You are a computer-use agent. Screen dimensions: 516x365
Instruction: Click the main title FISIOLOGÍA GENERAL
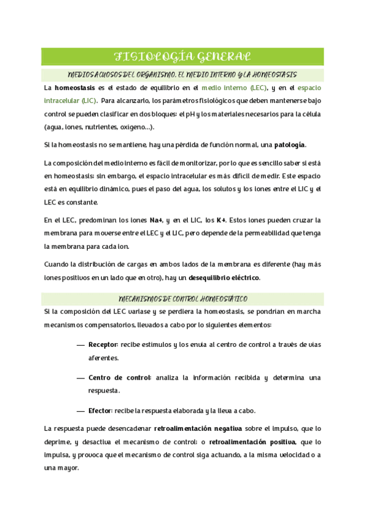[x=182, y=57]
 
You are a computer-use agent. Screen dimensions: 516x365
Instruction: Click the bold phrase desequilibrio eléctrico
[x=225, y=278]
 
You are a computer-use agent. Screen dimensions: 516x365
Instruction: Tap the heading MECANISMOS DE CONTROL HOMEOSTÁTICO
[x=182, y=299]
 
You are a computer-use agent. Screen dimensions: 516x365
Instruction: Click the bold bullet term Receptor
[x=103, y=345]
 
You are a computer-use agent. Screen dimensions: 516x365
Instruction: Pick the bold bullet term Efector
[x=99, y=410]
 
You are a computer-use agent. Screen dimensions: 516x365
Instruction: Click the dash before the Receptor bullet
[x=80, y=345]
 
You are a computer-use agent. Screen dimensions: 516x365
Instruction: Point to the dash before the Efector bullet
[x=80, y=410]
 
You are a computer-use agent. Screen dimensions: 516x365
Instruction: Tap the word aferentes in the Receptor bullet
[x=104, y=358]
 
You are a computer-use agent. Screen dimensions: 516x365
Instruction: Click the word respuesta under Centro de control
[x=104, y=391]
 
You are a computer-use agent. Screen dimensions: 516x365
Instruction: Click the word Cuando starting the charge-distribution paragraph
[x=58, y=265]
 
